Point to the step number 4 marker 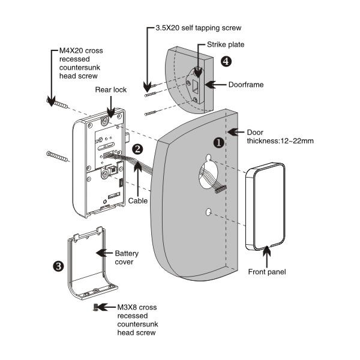point(226,61)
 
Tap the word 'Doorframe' point(245,85)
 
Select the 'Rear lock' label point(110,90)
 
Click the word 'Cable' point(138,201)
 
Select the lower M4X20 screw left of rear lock point(59,158)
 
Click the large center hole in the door point(208,181)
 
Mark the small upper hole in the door point(208,160)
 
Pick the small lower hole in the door point(208,212)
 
